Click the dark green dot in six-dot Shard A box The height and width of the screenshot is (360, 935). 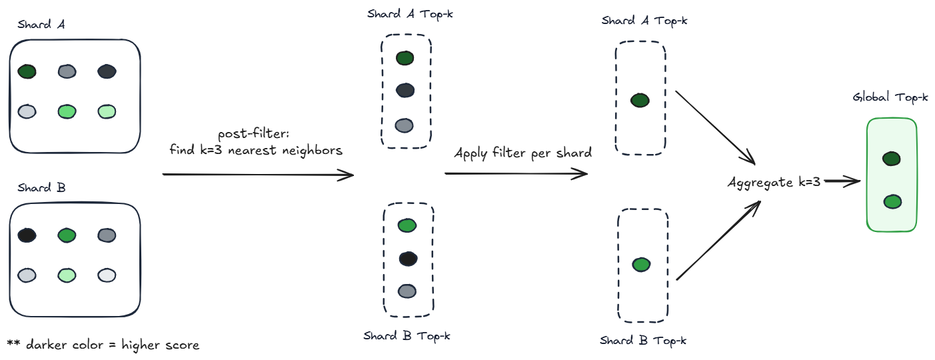pos(27,71)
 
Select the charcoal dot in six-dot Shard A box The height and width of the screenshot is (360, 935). pos(106,71)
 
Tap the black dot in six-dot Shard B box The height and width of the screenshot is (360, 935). pos(27,235)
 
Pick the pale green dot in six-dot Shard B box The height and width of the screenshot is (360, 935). pos(66,274)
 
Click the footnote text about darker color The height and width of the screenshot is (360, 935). pos(103,345)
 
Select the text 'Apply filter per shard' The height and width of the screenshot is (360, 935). pos(522,153)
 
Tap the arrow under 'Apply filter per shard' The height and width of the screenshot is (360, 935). pos(516,174)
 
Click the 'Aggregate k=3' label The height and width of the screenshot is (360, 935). pos(773,182)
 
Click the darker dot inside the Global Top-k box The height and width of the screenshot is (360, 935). pos(892,159)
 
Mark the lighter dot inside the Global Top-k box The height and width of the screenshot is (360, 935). pos(892,201)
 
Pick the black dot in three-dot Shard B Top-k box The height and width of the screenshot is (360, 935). pos(408,258)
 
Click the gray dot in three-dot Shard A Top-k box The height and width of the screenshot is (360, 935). pos(405,125)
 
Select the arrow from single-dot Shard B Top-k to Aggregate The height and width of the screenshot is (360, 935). pos(719,240)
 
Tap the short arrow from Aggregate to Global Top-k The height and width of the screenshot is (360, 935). pos(841,181)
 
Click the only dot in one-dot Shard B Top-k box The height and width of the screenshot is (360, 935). pos(641,265)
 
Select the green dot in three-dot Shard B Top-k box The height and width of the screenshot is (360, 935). pos(407,225)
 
